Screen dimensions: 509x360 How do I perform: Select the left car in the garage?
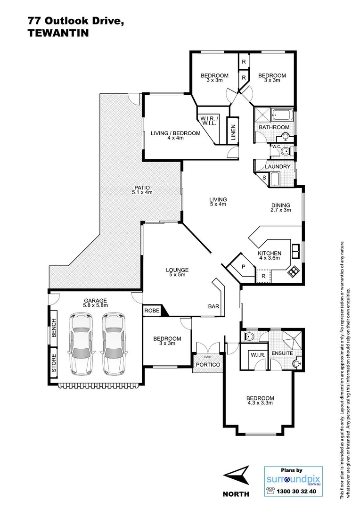point(81,343)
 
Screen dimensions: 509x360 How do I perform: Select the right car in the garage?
point(114,343)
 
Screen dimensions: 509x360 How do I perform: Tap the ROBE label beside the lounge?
point(151,311)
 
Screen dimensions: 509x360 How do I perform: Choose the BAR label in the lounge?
point(213,306)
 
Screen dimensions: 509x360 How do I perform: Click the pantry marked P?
point(243,266)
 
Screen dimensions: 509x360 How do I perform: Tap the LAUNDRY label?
point(277,166)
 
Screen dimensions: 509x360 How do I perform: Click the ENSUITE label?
point(282,353)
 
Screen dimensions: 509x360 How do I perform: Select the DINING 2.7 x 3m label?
point(280,207)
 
